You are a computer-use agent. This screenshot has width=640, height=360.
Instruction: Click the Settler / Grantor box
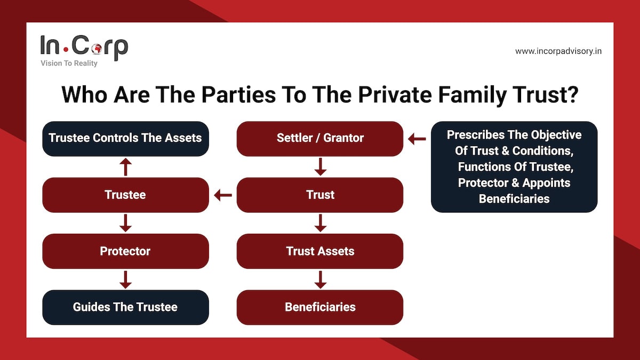pyautogui.click(x=320, y=139)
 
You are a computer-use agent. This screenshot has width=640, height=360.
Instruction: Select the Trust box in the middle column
pyautogui.click(x=320, y=195)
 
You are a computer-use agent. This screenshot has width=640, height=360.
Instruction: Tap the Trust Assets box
pyautogui.click(x=320, y=251)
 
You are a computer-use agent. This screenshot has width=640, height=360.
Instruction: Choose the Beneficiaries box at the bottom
pyautogui.click(x=320, y=307)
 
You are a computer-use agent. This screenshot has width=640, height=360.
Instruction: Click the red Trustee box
pyautogui.click(x=125, y=195)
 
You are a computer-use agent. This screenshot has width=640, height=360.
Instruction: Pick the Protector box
pyautogui.click(x=125, y=251)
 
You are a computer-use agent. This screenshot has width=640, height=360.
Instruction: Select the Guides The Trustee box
pyautogui.click(x=125, y=307)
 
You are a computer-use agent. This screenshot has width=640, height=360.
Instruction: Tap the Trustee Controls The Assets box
pyautogui.click(x=125, y=139)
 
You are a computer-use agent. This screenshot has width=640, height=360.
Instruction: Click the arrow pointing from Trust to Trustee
pyautogui.click(x=223, y=195)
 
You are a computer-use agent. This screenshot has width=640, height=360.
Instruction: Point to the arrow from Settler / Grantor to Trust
pyautogui.click(x=320, y=167)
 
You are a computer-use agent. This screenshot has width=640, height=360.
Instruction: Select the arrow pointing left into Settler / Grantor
pyautogui.click(x=417, y=139)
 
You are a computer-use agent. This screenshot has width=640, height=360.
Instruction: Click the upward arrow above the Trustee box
pyautogui.click(x=125, y=167)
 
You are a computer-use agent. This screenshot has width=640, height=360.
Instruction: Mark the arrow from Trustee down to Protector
pyautogui.click(x=125, y=223)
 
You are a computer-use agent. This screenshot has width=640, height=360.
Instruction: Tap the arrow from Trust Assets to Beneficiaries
pyautogui.click(x=320, y=279)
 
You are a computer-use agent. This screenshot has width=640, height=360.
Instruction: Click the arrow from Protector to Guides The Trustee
pyautogui.click(x=125, y=279)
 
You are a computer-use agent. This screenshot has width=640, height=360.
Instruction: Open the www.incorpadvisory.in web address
pyautogui.click(x=558, y=51)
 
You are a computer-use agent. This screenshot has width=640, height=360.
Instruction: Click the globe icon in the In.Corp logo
pyautogui.click(x=97, y=48)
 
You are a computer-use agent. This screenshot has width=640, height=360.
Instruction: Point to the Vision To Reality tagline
pyautogui.click(x=69, y=63)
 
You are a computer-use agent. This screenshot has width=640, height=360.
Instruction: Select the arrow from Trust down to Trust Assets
pyautogui.click(x=320, y=223)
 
